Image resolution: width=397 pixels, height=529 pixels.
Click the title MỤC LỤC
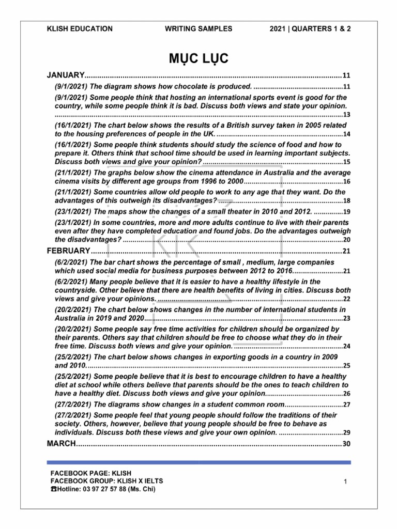point(198,57)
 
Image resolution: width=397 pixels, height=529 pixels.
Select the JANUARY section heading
point(66,75)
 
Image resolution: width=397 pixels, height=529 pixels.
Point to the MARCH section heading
point(62,444)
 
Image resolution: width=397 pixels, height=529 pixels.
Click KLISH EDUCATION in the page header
point(80,29)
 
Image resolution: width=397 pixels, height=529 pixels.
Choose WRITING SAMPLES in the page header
point(198,29)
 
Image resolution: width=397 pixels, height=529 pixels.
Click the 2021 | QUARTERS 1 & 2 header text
point(310,29)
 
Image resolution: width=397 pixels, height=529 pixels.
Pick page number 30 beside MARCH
point(346,444)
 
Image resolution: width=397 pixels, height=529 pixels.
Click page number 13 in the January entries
point(346,115)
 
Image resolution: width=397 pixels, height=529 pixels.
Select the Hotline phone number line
point(105,489)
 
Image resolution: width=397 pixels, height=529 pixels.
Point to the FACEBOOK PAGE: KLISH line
point(90,473)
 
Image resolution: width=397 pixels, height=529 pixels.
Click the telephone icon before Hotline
point(53,489)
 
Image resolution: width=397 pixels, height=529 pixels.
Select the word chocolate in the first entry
point(170,86)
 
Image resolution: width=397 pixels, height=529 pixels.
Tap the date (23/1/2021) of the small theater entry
point(73,212)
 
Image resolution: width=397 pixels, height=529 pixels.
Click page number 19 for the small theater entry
point(346,212)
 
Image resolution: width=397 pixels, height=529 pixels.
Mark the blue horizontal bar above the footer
point(198,462)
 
